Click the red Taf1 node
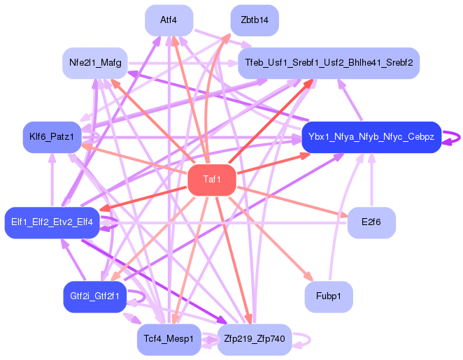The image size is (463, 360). point(211,180)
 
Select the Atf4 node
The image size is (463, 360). point(169,20)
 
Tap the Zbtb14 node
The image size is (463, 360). point(255,20)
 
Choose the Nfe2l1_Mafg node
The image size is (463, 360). point(96,63)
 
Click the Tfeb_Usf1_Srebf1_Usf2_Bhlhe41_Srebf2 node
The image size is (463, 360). point(328,63)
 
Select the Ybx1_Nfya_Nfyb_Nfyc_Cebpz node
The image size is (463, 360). point(371,137)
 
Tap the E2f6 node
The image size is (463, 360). point(371,223)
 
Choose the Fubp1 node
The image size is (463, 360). point(328,296)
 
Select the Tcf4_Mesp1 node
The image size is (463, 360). point(169,339)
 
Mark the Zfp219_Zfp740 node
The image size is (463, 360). point(255,339)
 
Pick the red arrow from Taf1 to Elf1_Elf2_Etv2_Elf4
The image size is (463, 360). point(147,198)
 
